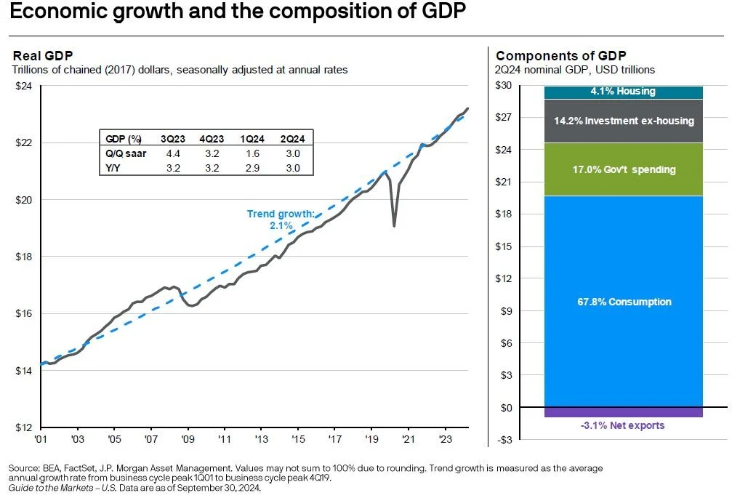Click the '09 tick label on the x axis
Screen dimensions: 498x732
click(x=188, y=440)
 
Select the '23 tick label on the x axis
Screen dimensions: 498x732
click(x=446, y=440)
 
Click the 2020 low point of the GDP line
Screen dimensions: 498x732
click(x=394, y=225)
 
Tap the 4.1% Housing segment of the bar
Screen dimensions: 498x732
click(x=624, y=92)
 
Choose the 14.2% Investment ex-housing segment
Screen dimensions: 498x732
click(x=624, y=121)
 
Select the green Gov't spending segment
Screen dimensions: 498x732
click(x=624, y=169)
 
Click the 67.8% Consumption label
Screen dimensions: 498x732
click(x=624, y=302)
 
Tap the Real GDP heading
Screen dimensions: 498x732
click(x=43, y=56)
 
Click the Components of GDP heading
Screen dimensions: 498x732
click(x=560, y=56)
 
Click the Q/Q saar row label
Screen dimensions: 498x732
click(x=124, y=153)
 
